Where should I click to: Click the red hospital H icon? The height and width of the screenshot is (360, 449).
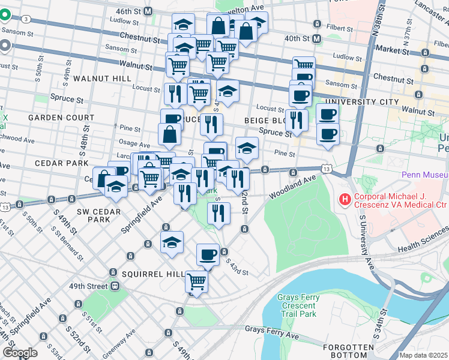(345, 199)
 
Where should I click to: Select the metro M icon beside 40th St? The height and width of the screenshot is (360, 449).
(318, 38)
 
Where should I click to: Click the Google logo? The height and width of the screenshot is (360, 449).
(20, 352)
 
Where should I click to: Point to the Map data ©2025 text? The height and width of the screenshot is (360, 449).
(423, 355)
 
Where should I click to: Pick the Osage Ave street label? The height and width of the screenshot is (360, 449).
(134, 145)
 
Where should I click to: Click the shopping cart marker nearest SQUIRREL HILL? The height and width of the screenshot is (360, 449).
(196, 280)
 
